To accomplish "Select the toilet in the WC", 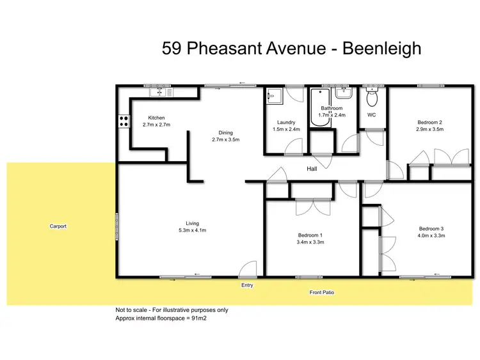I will [x=371, y=98].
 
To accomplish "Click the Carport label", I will [x=58, y=226].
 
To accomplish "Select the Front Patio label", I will [x=321, y=292].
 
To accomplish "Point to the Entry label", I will [x=247, y=285].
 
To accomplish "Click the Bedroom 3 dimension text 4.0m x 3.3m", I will [x=431, y=235].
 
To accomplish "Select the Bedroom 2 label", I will [x=430, y=122].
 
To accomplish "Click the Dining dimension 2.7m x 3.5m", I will [x=225, y=139].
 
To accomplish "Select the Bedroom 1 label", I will [x=308, y=235].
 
